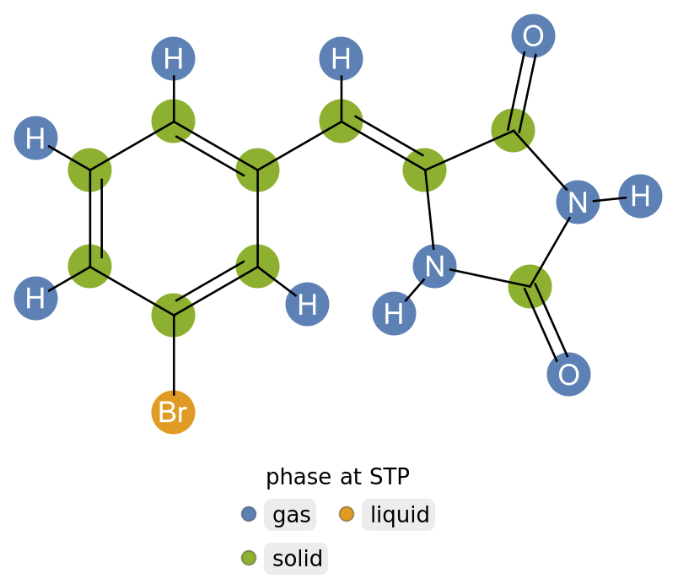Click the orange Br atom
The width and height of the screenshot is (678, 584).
173,413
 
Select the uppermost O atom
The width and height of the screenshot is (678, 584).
533,36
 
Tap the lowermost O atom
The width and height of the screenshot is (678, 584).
568,375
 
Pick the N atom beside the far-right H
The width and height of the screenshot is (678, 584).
578,203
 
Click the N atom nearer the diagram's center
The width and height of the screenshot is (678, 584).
434,267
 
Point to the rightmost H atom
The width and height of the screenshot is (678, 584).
640,197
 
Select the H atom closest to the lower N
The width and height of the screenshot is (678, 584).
394,313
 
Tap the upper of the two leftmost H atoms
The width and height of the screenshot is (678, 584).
35,138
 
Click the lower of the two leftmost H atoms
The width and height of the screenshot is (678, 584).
35,298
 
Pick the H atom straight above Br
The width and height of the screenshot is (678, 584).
173,59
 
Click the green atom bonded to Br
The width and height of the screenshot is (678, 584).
173,315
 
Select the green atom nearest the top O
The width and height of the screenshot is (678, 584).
513,130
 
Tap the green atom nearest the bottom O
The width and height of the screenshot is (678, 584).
530,286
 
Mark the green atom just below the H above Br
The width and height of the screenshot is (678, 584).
173,121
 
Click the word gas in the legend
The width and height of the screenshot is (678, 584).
291,515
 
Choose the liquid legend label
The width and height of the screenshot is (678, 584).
399,515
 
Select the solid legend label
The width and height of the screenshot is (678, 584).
297,559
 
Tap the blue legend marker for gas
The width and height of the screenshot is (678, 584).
249,514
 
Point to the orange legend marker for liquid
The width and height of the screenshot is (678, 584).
347,514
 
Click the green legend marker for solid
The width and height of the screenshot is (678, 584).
249,558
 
